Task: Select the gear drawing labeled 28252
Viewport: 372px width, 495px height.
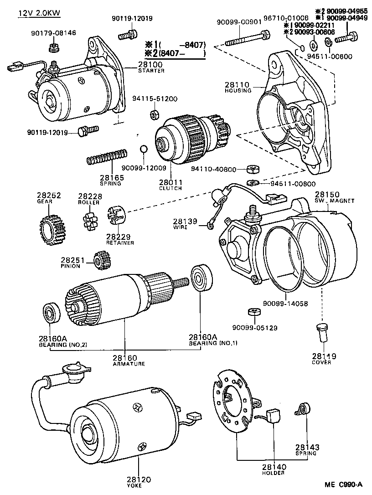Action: click(48, 227)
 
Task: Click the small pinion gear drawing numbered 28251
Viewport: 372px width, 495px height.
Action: click(99, 260)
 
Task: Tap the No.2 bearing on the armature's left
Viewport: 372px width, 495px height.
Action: click(49, 313)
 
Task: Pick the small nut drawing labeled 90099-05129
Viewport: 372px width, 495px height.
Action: click(253, 313)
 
